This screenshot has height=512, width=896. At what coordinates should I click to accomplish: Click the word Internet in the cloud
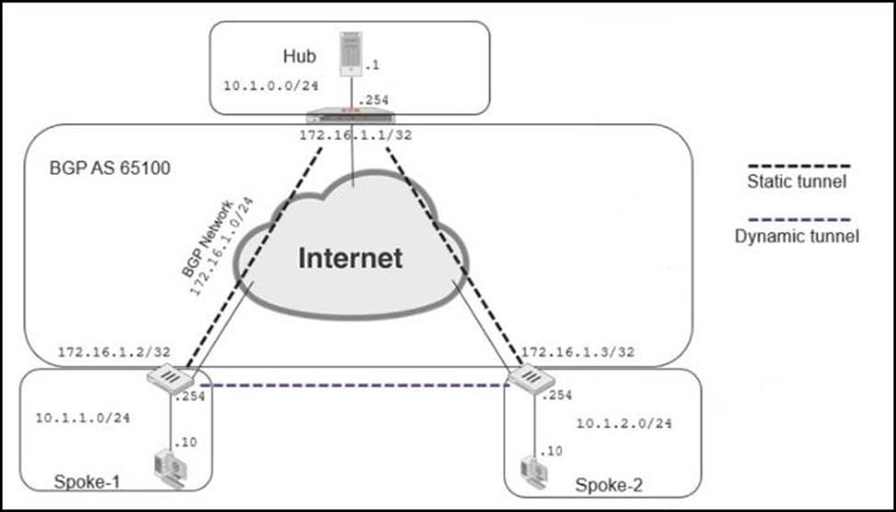[350, 257]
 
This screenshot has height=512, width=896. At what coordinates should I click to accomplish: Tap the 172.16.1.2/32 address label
[98, 353]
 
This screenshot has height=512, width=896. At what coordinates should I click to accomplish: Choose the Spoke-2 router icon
[529, 378]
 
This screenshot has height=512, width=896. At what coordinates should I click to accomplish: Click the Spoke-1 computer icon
[170, 466]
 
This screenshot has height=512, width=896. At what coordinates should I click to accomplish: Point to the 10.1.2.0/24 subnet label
[623, 424]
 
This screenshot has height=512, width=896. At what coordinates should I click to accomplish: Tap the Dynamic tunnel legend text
[797, 236]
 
